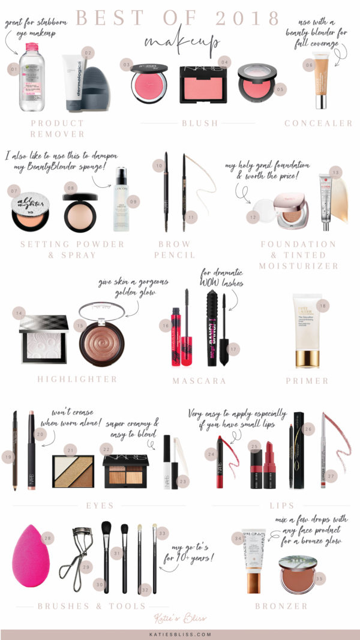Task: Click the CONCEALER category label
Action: pos(319,124)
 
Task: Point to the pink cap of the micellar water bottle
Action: pos(32,47)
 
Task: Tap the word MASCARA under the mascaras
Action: pos(199,380)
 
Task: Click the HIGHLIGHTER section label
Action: pos(77,379)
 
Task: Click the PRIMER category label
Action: pos(307,380)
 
